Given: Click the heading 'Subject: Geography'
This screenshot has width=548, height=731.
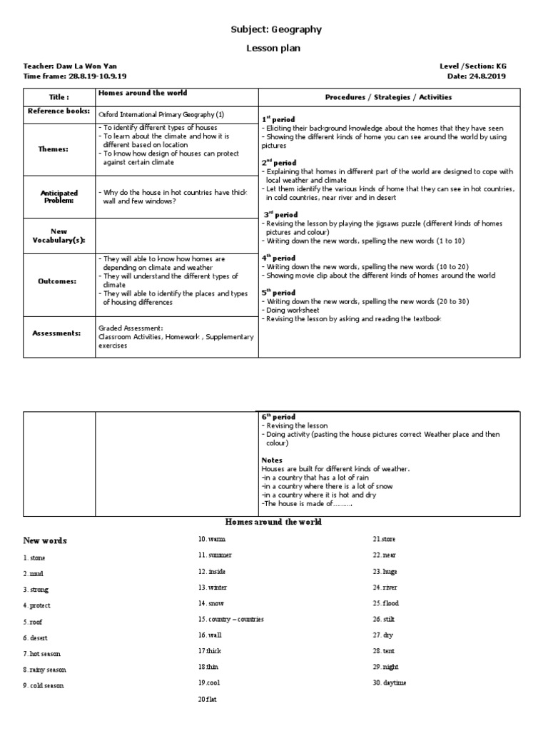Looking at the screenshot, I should point(275,29).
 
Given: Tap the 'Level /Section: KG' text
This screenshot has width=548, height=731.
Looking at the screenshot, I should point(473,66).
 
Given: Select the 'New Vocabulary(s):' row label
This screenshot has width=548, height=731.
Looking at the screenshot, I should point(59,236).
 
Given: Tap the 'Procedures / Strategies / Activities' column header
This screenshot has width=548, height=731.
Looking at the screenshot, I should point(388,97).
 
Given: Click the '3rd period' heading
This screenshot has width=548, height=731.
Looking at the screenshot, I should point(279,214).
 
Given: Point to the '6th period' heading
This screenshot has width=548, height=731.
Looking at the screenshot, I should point(279,417).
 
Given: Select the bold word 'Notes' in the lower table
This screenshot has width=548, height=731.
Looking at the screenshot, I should point(272,460).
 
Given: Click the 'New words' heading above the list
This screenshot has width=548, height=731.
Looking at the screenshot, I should point(45,540).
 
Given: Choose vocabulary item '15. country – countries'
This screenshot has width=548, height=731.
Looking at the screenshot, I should point(230,619).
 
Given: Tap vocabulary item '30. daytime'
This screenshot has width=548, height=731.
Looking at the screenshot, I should point(389,683).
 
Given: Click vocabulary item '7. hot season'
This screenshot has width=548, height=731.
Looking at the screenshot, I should point(42,654).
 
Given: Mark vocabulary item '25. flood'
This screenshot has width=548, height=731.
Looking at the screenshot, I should point(385,603).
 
